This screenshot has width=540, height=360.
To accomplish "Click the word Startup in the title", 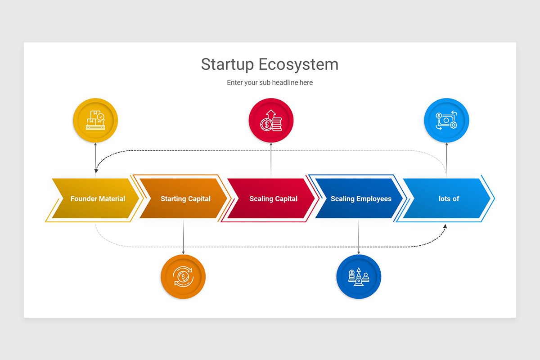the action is (227, 65).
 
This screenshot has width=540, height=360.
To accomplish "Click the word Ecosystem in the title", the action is (298, 65).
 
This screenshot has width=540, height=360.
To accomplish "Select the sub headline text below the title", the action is (270, 82).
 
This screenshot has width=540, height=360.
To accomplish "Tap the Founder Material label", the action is (98, 199).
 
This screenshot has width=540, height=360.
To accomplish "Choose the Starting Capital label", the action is (185, 199).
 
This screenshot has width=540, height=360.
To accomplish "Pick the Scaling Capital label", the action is (274, 199).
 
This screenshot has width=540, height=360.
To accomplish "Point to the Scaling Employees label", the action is (361, 199).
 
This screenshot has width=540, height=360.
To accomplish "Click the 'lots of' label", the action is (449, 199).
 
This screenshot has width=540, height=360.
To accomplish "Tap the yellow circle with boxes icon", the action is (95, 120).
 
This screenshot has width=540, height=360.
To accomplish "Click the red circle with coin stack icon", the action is (271, 120).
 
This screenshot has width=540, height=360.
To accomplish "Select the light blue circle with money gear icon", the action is (446, 120).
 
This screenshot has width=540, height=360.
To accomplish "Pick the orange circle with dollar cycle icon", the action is (183, 277).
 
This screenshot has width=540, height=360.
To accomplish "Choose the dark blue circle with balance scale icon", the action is (359, 277).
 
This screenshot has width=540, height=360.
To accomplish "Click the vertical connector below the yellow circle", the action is (95, 158).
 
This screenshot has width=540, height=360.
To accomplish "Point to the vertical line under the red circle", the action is (271, 160).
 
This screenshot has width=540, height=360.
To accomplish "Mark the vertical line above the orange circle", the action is (183, 236).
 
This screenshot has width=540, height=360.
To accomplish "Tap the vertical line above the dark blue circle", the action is (359, 236).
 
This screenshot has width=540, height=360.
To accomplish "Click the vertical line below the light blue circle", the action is (446, 160).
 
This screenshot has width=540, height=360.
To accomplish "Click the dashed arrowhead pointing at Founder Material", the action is (96, 171).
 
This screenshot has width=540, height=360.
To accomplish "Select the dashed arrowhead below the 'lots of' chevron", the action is (445, 226).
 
